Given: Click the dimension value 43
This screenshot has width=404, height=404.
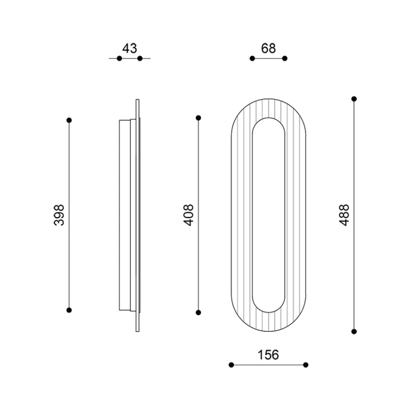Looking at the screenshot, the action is click(x=130, y=48).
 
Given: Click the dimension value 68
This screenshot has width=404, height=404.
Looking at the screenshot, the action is click(x=268, y=48).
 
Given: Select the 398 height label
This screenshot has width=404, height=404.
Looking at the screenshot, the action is click(x=59, y=215).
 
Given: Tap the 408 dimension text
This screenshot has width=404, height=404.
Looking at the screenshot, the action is click(x=189, y=215).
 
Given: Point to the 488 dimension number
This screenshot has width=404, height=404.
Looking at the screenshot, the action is click(x=344, y=215).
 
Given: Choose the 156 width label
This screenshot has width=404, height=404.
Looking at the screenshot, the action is click(x=268, y=355).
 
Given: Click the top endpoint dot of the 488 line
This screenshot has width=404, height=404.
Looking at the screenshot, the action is click(x=354, y=99).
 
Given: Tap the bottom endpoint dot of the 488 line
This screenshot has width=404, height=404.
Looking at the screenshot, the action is click(x=354, y=331).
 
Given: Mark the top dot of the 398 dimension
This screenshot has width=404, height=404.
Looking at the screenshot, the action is click(x=69, y=120).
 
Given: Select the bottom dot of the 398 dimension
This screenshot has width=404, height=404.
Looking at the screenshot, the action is click(x=69, y=310).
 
